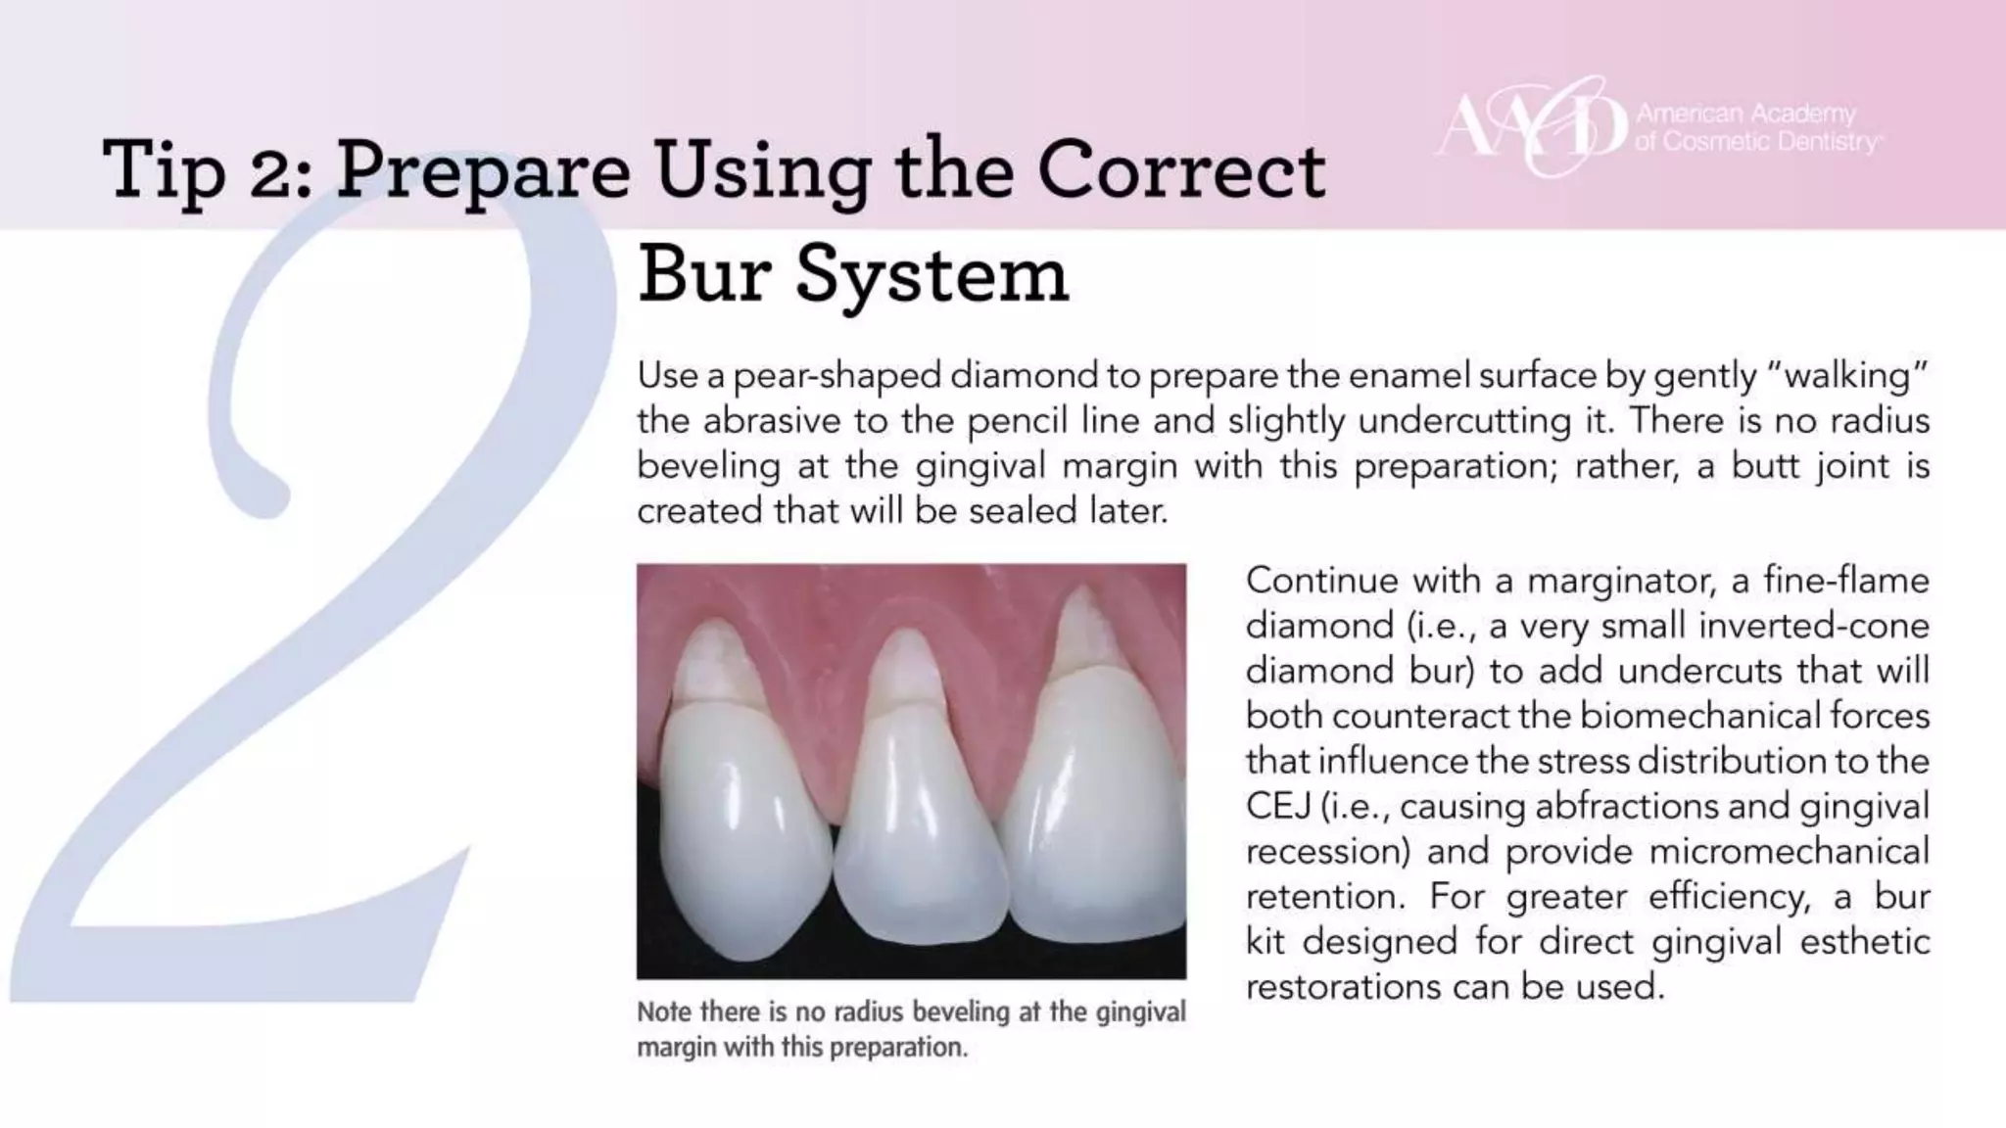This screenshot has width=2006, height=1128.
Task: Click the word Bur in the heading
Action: point(704,275)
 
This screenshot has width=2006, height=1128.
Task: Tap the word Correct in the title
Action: point(1181,169)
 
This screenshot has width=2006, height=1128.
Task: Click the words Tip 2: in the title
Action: point(207,169)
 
